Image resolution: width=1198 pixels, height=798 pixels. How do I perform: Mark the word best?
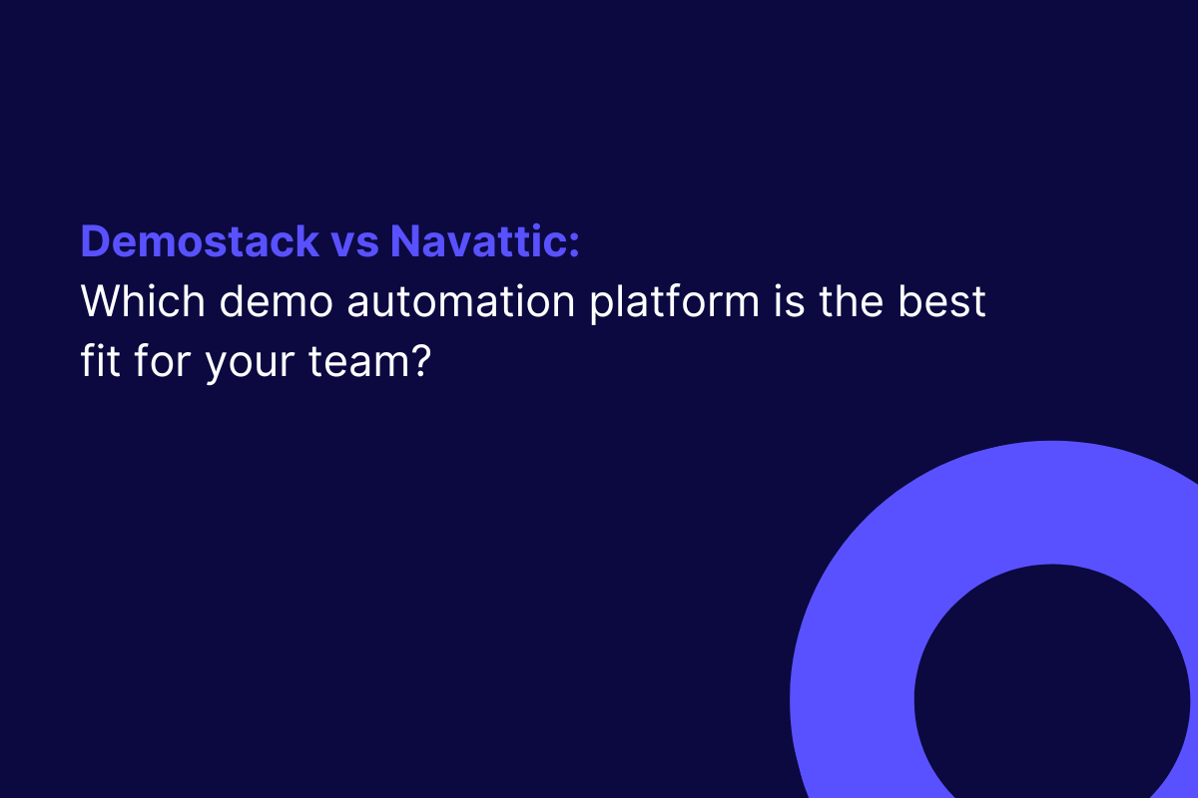click(949, 301)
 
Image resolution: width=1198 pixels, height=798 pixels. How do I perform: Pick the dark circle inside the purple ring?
click(1048, 688)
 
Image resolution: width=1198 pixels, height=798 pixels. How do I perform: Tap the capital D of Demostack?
click(96, 242)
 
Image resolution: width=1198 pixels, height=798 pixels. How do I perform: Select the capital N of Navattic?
click(403, 242)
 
